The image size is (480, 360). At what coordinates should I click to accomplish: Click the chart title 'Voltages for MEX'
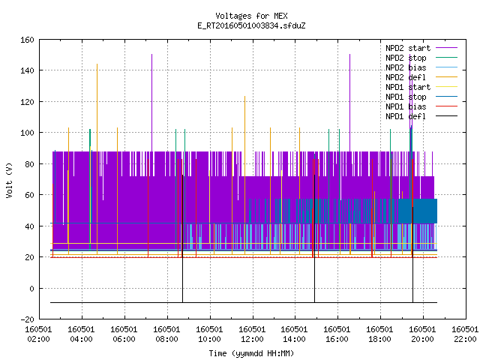click(x=251, y=16)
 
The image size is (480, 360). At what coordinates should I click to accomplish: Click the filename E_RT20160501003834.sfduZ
click(x=251, y=25)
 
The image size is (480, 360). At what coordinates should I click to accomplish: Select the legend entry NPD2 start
click(x=421, y=48)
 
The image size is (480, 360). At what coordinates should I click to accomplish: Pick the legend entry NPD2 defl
click(x=421, y=77)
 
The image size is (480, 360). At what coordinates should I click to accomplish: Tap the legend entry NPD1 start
click(x=421, y=87)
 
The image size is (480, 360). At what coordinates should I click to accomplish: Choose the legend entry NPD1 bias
click(x=421, y=106)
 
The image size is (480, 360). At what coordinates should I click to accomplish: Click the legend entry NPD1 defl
click(x=421, y=117)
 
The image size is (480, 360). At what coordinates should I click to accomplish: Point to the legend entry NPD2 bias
click(x=421, y=67)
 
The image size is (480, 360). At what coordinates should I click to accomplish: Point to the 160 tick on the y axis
click(x=27, y=40)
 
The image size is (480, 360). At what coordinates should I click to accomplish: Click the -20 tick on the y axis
click(x=27, y=319)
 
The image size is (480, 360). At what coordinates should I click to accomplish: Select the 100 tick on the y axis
click(x=27, y=133)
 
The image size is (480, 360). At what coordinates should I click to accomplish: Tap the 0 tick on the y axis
click(x=31, y=288)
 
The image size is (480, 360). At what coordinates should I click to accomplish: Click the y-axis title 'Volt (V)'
click(x=9, y=180)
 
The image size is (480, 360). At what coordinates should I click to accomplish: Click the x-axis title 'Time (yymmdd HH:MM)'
click(x=251, y=353)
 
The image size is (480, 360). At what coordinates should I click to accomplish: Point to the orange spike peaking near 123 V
click(x=245, y=175)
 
